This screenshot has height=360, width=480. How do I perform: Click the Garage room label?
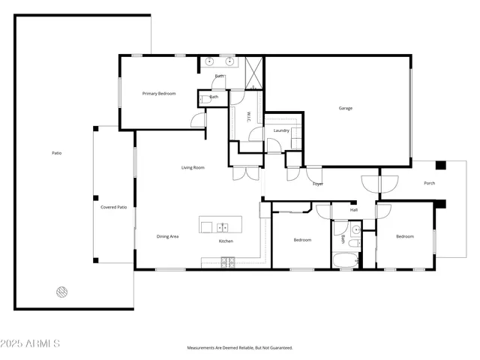pos(345,108)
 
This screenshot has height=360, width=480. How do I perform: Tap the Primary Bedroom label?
pos(159,94)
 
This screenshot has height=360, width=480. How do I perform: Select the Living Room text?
pos(193,167)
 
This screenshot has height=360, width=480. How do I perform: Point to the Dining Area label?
pos(167,236)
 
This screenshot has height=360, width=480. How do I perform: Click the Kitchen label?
pos(226,241)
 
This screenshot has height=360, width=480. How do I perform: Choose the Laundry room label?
pos(281,130)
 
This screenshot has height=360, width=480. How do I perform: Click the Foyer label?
pos(318,183)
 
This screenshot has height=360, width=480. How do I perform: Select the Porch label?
pos(430,183)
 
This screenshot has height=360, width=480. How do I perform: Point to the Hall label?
pos(353,210)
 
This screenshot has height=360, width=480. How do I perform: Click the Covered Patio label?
pos(114,207)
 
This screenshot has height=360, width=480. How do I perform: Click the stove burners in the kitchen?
pos(227,261)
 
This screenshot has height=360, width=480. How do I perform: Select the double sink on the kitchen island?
pos(223,226)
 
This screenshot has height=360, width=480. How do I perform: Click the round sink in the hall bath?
pos(355,230)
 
